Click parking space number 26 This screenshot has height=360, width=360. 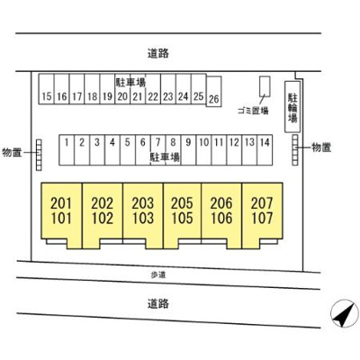click(x=214, y=92)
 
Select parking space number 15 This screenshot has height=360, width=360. click(x=47, y=89)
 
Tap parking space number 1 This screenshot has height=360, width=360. click(x=67, y=149)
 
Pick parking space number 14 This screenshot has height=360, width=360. click(x=265, y=149)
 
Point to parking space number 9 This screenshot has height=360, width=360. click(x=188, y=149)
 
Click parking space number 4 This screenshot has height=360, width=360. click(x=112, y=149)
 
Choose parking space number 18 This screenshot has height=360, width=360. click(x=92, y=89)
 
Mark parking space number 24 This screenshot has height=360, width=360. click(x=184, y=89)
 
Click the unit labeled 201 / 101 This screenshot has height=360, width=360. click(x=61, y=215)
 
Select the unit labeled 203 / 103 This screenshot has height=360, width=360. click(x=143, y=215)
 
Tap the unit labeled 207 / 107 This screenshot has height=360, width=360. click(x=262, y=215)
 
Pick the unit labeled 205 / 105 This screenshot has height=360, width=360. click(x=182, y=215)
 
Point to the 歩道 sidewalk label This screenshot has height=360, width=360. click(x=158, y=274)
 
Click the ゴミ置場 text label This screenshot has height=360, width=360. click(x=253, y=111)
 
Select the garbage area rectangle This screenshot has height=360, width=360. click(x=265, y=86)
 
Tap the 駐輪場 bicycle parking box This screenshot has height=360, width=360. click(x=292, y=106)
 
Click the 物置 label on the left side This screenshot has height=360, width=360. click(x=12, y=152)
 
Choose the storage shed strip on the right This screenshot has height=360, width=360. click(x=295, y=149)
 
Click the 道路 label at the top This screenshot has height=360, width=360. click(x=158, y=53)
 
